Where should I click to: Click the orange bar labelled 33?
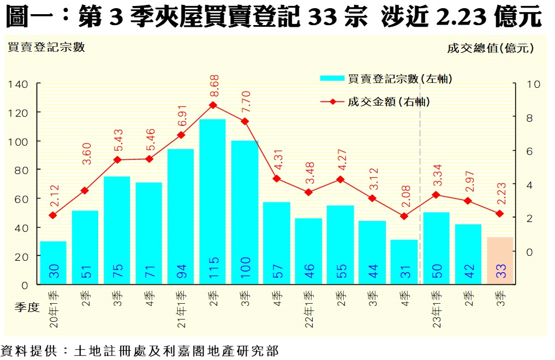click(x=500, y=260)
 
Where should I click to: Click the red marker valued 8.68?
click(x=213, y=105)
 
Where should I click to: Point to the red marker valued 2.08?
click(x=404, y=216)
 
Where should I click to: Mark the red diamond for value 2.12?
click(x=53, y=215)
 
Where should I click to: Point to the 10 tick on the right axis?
click(x=533, y=85)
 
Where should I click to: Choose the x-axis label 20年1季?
click(x=53, y=309)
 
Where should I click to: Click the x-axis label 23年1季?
click(x=437, y=309)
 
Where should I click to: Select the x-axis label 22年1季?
click(x=309, y=309)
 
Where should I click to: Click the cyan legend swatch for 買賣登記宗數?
click(x=332, y=79)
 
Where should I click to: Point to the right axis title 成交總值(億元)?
click(x=490, y=48)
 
